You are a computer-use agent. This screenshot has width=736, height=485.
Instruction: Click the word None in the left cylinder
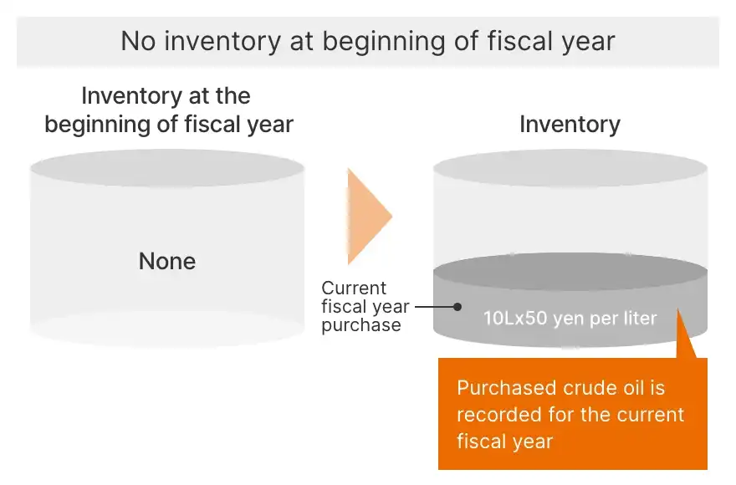pos(167,261)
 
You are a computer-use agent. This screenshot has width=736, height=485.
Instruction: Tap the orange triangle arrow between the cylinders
pos(369,217)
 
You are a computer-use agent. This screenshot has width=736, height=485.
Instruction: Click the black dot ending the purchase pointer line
pos(457,307)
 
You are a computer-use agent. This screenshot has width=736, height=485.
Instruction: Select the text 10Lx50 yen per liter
pos(570,319)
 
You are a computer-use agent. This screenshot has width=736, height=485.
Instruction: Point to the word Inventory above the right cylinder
pos(570,125)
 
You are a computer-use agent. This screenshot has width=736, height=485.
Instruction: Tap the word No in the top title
pos(138,41)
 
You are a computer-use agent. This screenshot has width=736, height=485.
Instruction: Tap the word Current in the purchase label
pos(354,288)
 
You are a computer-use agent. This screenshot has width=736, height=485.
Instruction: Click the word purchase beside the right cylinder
pos(361,325)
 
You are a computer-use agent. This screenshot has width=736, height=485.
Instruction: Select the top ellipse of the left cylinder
pos(167,168)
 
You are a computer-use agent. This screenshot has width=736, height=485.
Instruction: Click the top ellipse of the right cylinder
pos(570,168)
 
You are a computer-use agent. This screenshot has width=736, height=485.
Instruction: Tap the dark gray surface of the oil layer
pos(570,271)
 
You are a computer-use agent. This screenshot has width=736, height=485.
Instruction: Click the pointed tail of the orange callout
pos(677,310)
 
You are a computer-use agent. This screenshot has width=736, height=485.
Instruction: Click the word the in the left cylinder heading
pos(233,96)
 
